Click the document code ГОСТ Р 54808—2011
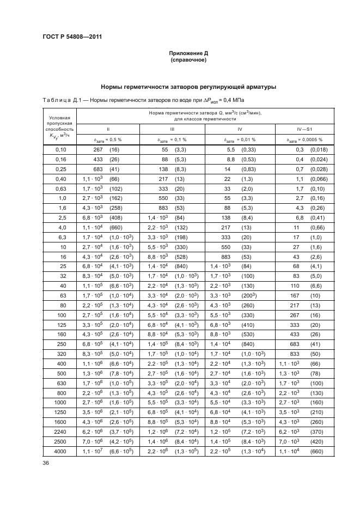click(72, 37)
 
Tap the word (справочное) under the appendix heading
click(188, 60)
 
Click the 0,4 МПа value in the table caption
click(233, 100)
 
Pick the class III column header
click(172, 129)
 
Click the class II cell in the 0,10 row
click(108, 149)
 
